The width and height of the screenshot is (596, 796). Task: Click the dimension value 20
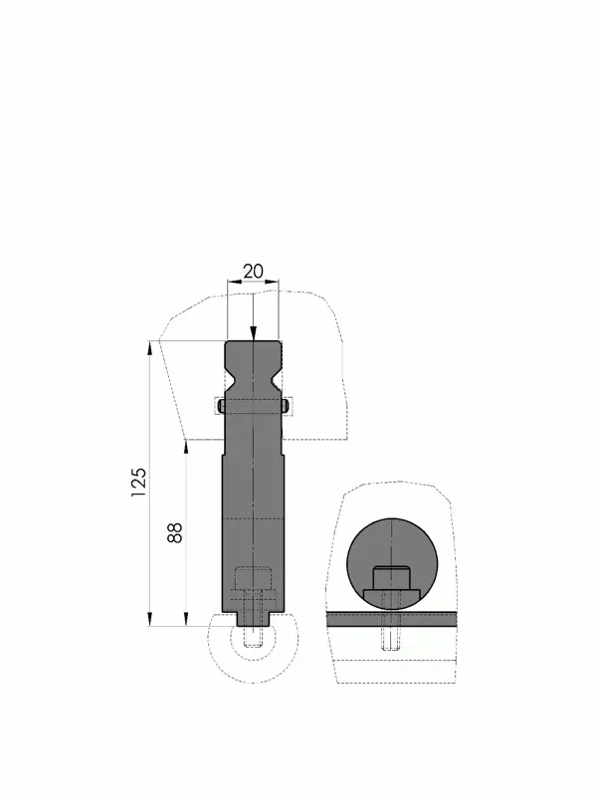point(253,272)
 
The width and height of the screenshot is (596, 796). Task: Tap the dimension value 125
point(138,482)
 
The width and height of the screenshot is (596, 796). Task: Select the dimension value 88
point(175,533)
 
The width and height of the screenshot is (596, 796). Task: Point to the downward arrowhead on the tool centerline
point(254,333)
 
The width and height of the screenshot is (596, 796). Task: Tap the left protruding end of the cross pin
point(221,406)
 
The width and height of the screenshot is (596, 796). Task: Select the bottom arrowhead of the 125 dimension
point(150,619)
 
